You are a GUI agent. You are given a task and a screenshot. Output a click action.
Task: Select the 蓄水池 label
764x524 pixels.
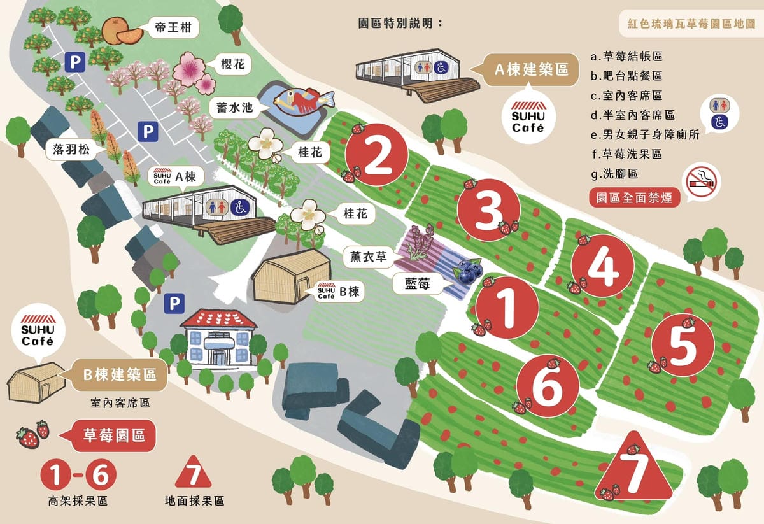233,108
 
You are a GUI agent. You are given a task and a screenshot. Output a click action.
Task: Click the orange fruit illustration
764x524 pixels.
122,30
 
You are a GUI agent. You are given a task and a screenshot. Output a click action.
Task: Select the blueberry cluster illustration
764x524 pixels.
467,273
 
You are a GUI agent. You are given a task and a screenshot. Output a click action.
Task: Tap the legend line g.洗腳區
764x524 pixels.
614,173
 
